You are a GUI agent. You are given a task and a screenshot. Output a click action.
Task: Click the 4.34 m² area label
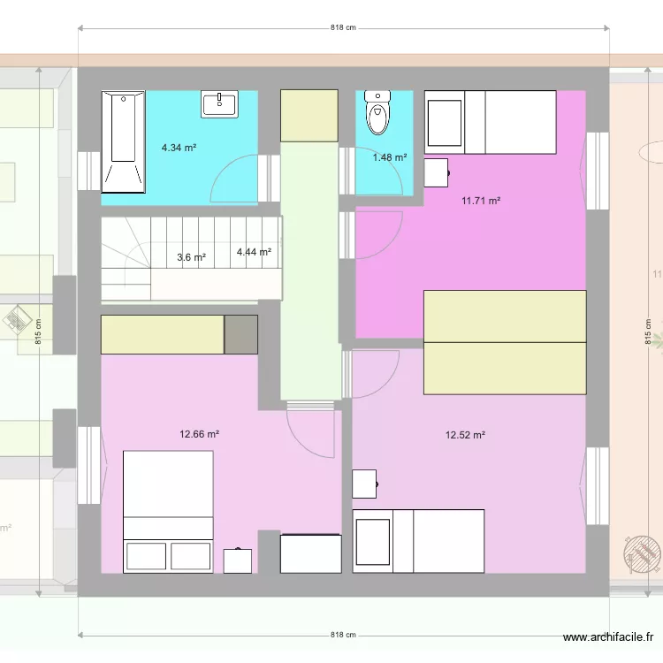[179, 149]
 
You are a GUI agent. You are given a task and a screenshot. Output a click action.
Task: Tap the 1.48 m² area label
[390, 157]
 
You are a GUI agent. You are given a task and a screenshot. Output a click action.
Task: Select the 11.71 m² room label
[481, 201]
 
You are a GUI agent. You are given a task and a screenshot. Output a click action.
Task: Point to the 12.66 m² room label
[199, 434]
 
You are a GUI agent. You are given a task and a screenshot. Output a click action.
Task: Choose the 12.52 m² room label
[465, 435]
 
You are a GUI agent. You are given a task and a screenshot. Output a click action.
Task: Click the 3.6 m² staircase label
[191, 258]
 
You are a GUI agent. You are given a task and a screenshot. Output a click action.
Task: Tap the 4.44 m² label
[254, 252]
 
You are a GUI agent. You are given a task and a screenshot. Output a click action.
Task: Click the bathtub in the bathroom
[123, 141]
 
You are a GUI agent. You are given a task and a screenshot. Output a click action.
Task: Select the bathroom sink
[218, 104]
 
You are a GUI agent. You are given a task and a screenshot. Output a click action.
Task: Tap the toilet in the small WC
[377, 110]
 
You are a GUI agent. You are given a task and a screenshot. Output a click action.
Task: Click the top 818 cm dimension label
[343, 27]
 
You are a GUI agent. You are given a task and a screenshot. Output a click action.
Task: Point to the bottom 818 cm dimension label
[343, 635]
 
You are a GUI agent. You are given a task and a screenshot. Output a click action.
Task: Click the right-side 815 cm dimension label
[647, 331]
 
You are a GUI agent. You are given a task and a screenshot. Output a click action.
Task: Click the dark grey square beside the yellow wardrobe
[240, 334]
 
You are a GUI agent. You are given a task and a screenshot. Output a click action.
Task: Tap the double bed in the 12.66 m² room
[168, 510]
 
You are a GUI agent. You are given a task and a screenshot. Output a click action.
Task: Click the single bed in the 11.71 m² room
[491, 122]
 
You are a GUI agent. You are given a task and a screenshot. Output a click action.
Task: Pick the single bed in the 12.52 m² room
[418, 540]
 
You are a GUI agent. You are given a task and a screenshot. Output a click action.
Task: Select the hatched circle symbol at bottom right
[643, 554]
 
